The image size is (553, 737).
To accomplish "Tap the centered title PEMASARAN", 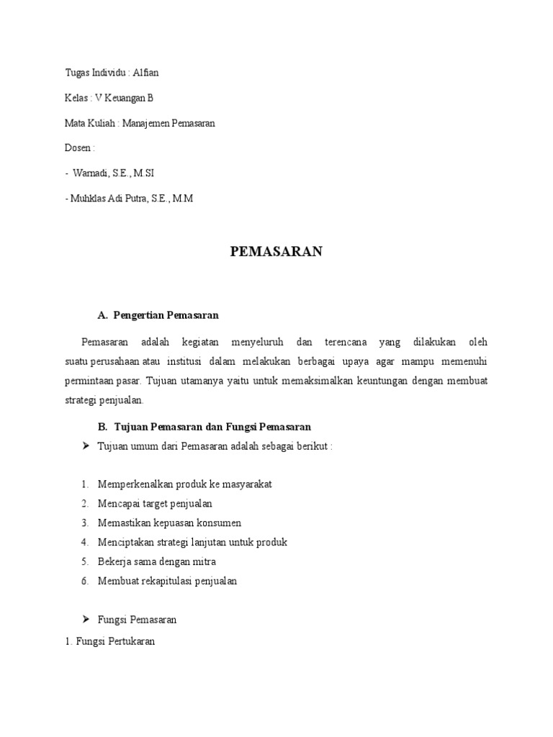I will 276,251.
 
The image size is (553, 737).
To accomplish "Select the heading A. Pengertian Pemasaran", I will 158,315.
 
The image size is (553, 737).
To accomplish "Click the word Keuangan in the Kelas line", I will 126,98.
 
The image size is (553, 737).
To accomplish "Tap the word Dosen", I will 78,148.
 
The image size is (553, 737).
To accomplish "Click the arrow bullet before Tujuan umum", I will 86,446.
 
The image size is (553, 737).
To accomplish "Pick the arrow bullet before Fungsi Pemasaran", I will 86,619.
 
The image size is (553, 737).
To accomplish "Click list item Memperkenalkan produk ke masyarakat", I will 185,484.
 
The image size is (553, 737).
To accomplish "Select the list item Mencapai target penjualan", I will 155,503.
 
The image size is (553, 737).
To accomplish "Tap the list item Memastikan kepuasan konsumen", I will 169,523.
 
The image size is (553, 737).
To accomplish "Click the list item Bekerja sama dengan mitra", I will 157,561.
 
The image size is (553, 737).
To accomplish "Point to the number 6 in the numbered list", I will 84,581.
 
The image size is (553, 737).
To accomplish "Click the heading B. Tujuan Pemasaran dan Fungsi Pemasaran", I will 204,428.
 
